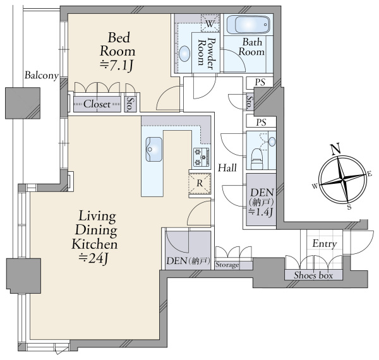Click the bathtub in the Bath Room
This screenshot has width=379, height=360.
pyautogui.click(x=248, y=25)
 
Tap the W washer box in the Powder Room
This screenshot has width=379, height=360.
pyautogui.click(x=210, y=23)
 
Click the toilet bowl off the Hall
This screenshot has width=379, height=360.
pyautogui.click(x=256, y=159)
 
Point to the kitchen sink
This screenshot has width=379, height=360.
pyautogui.click(x=153, y=149)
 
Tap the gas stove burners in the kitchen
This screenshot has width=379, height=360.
pyautogui.click(x=202, y=157)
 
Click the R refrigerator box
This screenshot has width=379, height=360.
pyautogui.click(x=200, y=183)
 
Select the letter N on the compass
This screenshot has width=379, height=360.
pyautogui.click(x=336, y=148)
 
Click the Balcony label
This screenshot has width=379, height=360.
pyautogui.click(x=42, y=75)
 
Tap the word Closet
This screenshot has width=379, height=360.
pyautogui.click(x=97, y=104)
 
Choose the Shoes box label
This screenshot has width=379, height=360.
pyautogui.click(x=313, y=275)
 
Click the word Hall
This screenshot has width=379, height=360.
pyautogui.click(x=227, y=167)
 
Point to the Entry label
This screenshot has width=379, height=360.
pyautogui.click(x=325, y=244)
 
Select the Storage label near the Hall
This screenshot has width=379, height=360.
pyautogui.click(x=227, y=265)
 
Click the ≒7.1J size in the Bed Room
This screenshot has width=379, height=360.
pyautogui.click(x=117, y=65)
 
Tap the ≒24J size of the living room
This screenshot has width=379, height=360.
pyautogui.click(x=93, y=258)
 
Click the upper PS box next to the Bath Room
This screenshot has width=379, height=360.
pyautogui.click(x=260, y=83)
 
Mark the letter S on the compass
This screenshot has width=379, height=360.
pyautogui.click(x=349, y=207)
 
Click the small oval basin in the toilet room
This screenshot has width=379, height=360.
pyautogui.click(x=272, y=141)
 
